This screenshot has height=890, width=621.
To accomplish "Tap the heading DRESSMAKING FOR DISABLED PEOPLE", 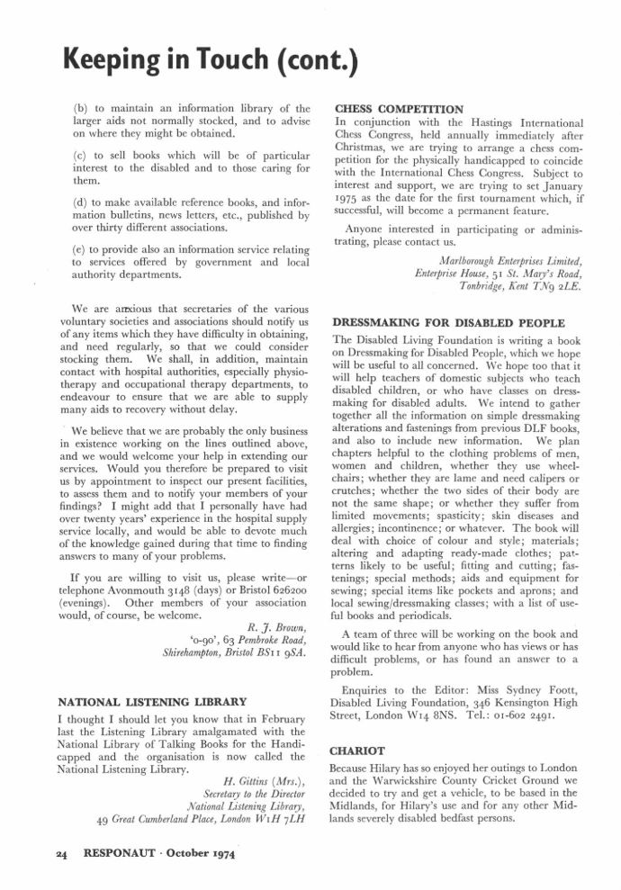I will point(449,322).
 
